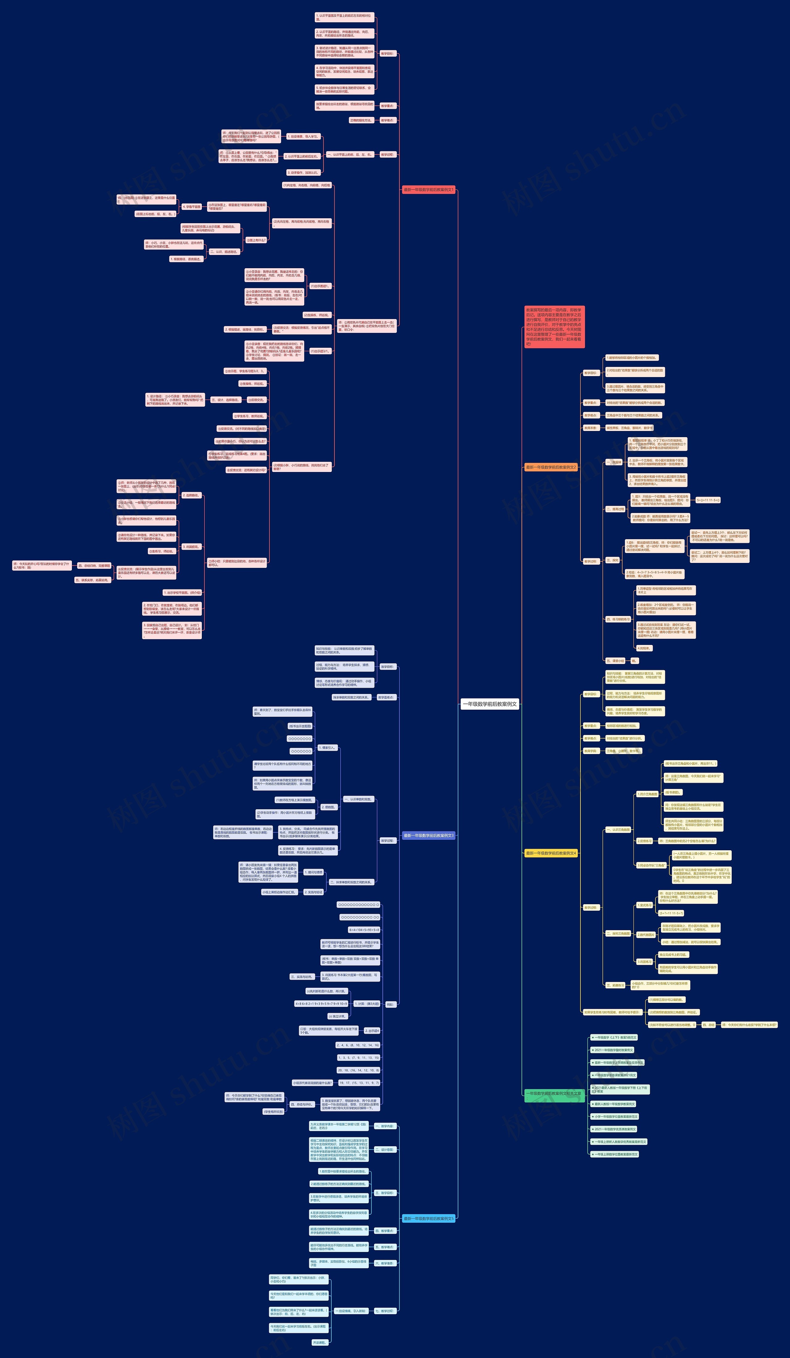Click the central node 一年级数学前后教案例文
point(490,704)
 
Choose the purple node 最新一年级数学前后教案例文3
point(429,835)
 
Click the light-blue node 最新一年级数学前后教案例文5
point(429,1218)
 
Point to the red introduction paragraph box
point(554,326)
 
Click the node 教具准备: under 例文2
point(590,428)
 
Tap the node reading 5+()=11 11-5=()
point(708,500)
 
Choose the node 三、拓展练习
point(615,985)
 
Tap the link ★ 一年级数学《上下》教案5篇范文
point(614,1037)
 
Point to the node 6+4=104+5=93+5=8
point(364,929)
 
